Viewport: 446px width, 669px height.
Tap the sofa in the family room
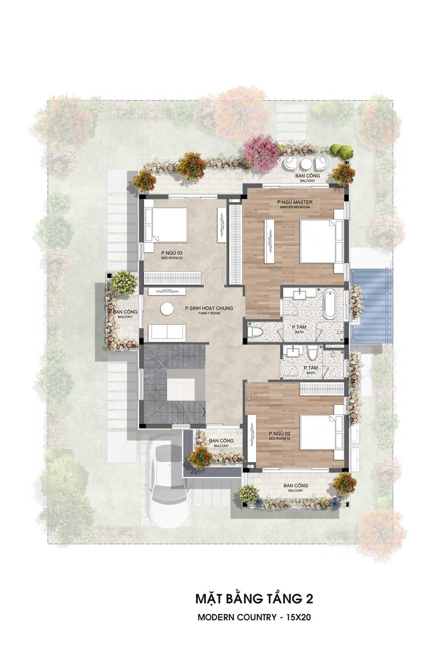[167, 332]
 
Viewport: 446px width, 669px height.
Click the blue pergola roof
[372, 306]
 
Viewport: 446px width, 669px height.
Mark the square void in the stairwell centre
[181, 389]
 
